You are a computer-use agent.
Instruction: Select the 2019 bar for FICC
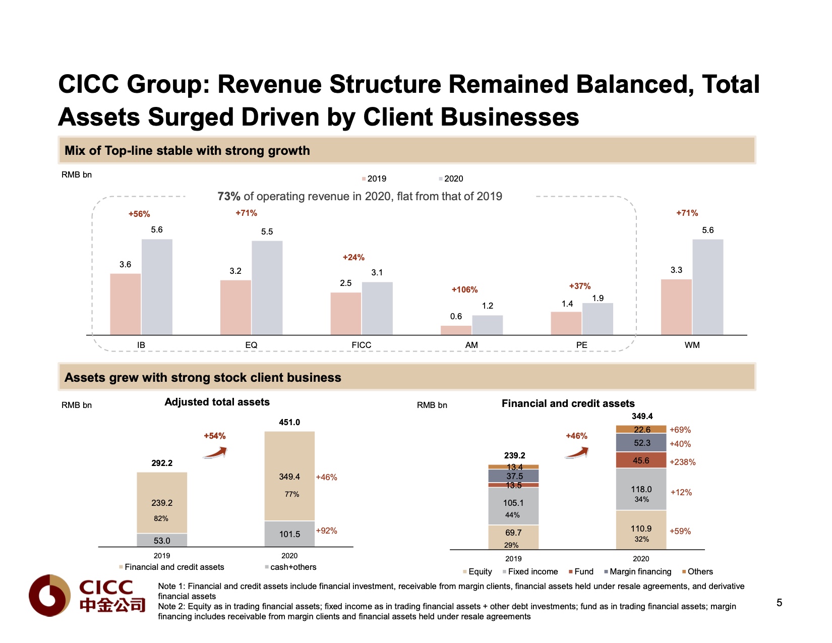(x=345, y=313)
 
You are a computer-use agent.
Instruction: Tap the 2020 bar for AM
(x=487, y=325)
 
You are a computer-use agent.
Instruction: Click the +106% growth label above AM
(x=464, y=289)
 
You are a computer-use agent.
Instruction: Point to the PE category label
(x=581, y=345)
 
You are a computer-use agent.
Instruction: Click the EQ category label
(x=251, y=345)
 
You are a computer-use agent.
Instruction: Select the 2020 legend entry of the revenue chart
(x=451, y=179)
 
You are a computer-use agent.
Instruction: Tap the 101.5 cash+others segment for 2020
(x=289, y=534)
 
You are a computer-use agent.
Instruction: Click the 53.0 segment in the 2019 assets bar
(x=162, y=540)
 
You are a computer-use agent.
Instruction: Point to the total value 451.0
(x=289, y=422)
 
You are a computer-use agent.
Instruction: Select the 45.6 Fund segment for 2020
(x=641, y=460)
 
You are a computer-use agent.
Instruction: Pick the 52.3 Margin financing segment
(x=641, y=443)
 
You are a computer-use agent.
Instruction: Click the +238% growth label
(x=682, y=462)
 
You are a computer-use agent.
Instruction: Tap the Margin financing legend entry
(x=638, y=571)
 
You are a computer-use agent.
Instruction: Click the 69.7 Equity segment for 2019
(x=513, y=535)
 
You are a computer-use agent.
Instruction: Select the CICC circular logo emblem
(x=49, y=596)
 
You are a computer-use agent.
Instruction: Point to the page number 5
(x=779, y=603)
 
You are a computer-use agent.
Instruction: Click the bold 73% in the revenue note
(x=229, y=196)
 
